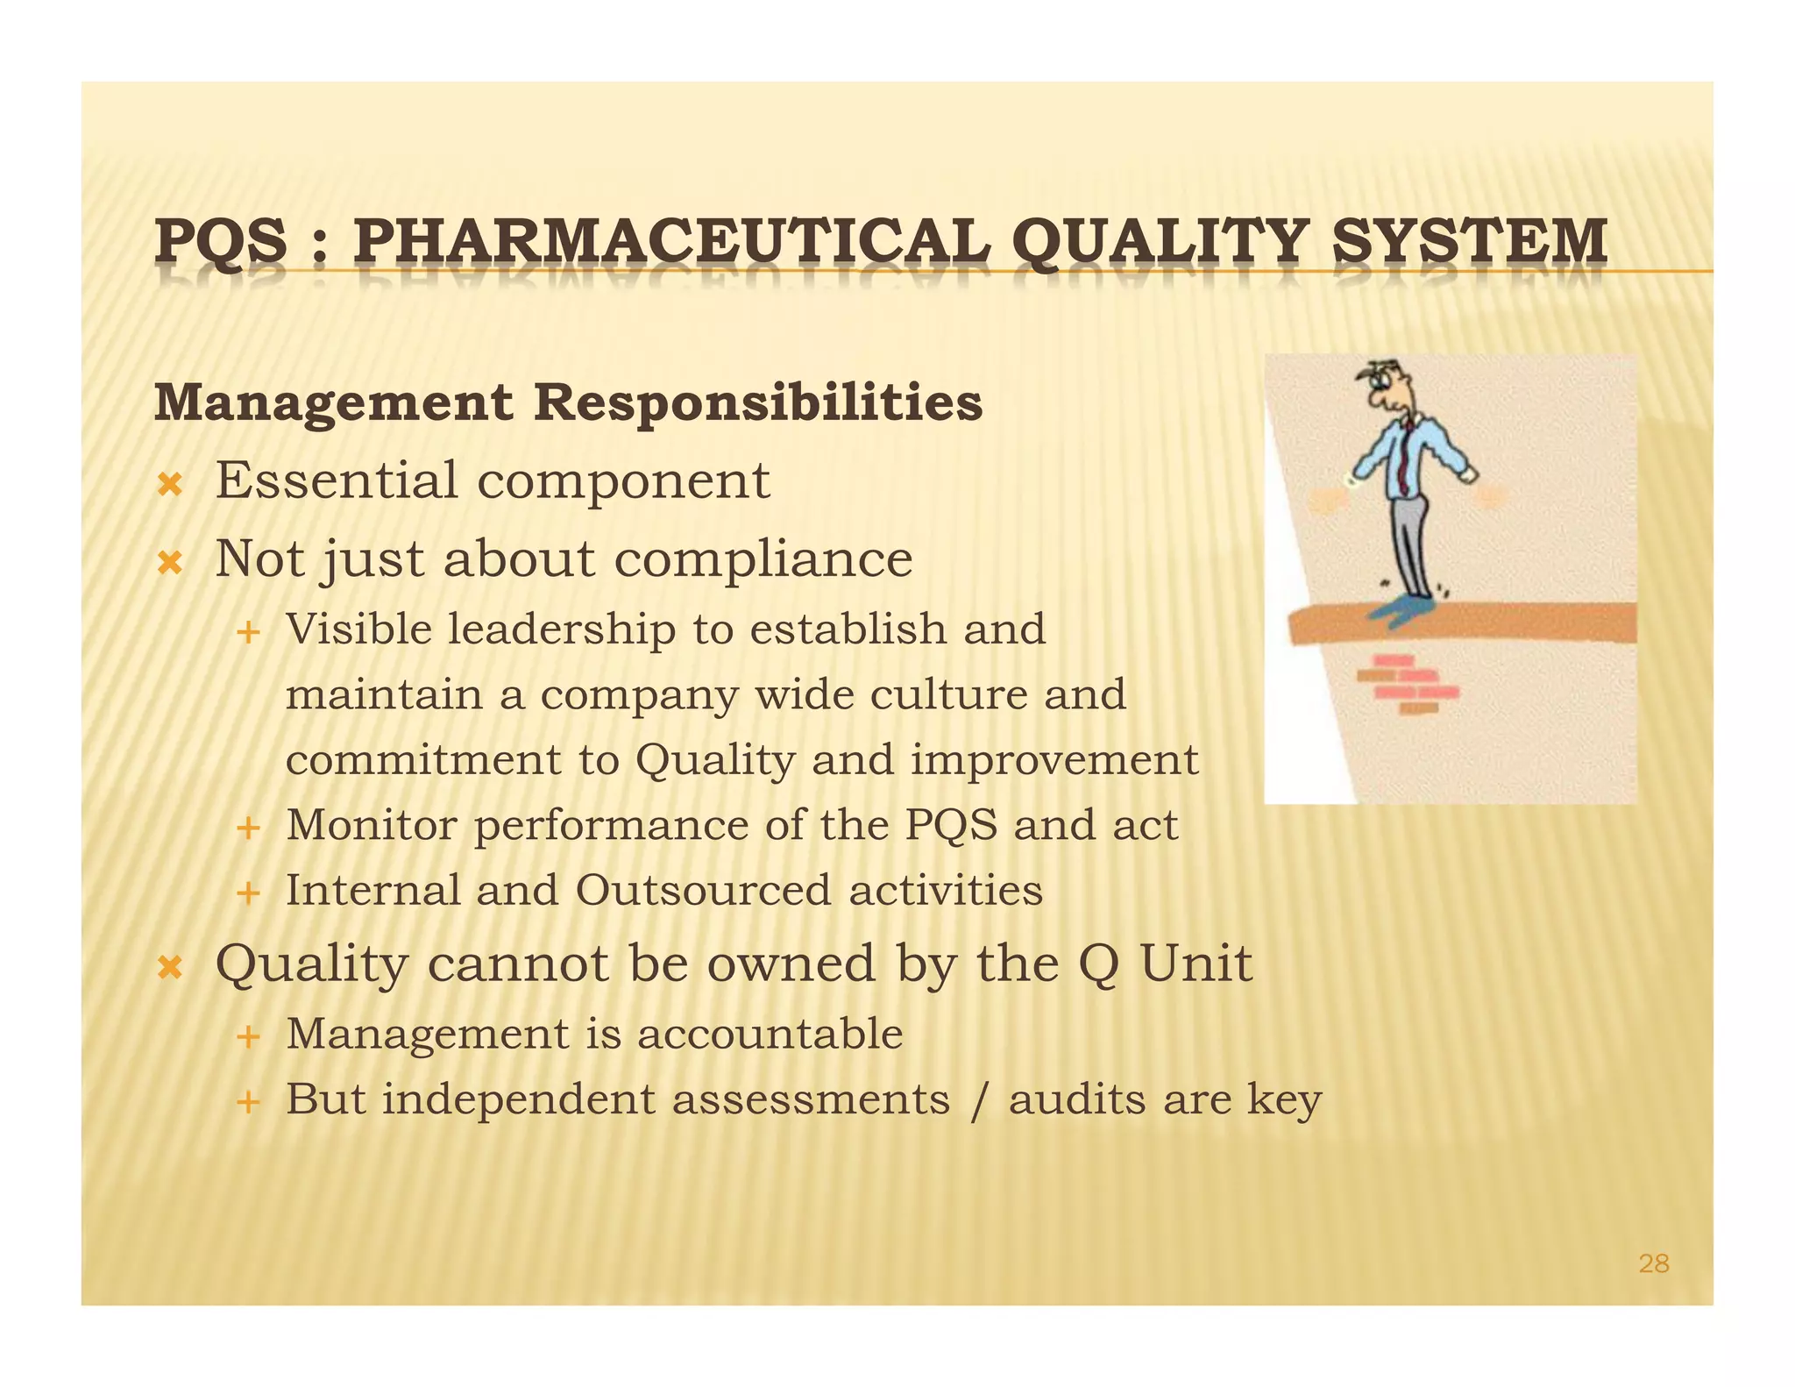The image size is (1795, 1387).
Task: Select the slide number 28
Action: (x=1653, y=1263)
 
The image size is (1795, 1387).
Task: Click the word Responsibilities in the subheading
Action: (x=758, y=402)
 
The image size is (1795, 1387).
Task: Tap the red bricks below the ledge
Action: (x=1408, y=684)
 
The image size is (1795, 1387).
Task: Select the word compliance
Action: (x=763, y=558)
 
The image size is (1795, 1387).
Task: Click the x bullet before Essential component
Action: (x=169, y=483)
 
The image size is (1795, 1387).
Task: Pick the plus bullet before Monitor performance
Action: (x=249, y=827)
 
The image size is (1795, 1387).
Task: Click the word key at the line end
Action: (x=1284, y=1099)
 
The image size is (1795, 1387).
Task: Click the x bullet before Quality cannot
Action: (x=169, y=968)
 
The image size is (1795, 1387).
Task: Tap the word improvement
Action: (x=1054, y=759)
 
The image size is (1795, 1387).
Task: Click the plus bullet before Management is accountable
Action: (x=249, y=1036)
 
